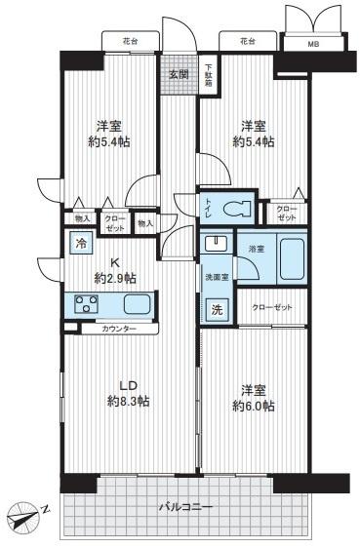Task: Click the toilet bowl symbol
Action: (237, 210)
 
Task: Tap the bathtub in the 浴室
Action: (292, 259)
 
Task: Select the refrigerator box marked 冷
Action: (81, 243)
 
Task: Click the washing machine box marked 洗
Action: (217, 309)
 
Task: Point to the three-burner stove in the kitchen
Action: (87, 303)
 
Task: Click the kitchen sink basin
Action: (138, 304)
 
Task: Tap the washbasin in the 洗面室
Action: (216, 243)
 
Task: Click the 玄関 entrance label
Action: (179, 74)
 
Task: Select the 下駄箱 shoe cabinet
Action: (209, 74)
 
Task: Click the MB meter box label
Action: (313, 45)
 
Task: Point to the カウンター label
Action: (119, 329)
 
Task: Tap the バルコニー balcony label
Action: (185, 506)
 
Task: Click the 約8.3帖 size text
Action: (129, 401)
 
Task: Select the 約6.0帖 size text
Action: (254, 406)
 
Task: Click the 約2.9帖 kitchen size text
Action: (115, 279)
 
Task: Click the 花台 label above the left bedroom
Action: (130, 41)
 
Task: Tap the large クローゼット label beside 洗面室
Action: (272, 307)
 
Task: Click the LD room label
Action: (128, 385)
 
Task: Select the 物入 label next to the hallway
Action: (145, 223)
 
